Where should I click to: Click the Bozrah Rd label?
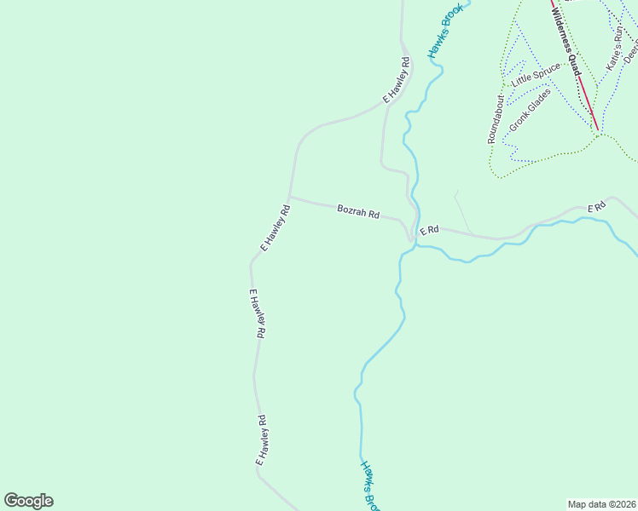pos(357,211)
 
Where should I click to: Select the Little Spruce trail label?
pos(536,74)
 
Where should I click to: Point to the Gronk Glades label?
pos(530,111)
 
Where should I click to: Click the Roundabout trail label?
pos(496,119)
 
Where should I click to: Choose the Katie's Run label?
pos(615,49)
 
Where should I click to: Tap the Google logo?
pos(28,501)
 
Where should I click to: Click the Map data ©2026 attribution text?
pos(602,503)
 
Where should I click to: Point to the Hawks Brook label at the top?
pos(444,32)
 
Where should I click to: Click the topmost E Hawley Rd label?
pos(397,80)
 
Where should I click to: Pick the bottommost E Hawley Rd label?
pos(263,439)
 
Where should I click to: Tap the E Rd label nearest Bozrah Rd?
pos(428,230)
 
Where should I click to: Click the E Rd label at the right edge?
pos(596,207)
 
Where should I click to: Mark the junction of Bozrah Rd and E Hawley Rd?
pos(289,197)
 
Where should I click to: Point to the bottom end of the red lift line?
pos(598,130)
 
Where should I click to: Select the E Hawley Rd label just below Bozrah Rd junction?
pos(275,227)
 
